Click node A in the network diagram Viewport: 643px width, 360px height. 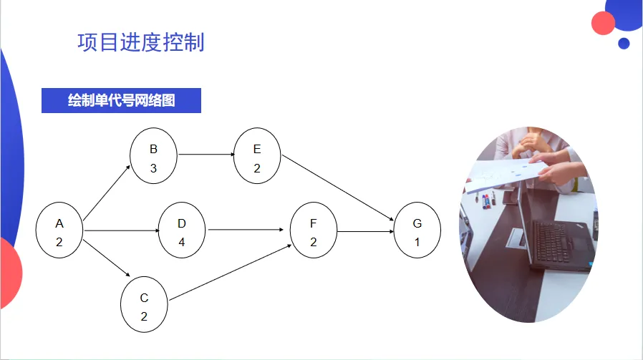click(59, 232)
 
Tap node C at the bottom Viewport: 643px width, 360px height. click(144, 306)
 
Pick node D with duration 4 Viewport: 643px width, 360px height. click(182, 231)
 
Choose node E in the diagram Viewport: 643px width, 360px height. click(257, 157)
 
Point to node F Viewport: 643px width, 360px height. click(313, 231)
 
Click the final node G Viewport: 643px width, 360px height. click(417, 231)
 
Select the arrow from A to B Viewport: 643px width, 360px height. click(107, 192)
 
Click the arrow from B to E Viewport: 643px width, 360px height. click(206, 155)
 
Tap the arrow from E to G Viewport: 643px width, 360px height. click(337, 188)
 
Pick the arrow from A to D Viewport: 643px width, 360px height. click(120, 230)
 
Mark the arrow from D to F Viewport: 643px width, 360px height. click(243, 230)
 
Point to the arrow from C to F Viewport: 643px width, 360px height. click(229, 273)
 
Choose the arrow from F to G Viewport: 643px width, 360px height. click(364, 231)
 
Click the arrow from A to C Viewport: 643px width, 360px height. click(107, 258)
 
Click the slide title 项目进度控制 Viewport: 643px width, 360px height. click(141, 42)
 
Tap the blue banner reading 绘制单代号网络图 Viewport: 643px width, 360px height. click(121, 101)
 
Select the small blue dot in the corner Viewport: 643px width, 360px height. click(624, 43)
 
